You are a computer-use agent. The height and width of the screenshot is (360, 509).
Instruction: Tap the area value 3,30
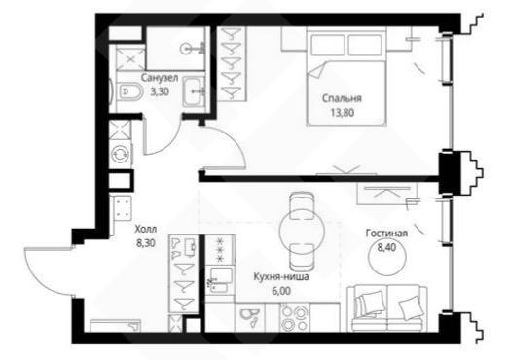pyautogui.click(x=160, y=91)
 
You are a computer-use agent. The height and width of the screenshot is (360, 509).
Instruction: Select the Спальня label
pyautogui.click(x=342, y=98)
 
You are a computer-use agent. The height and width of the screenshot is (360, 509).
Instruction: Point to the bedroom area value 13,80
pyautogui.click(x=343, y=113)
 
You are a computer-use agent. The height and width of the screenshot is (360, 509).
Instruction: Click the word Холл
pyautogui.click(x=146, y=230)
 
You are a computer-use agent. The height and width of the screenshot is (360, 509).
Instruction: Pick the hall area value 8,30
pyautogui.click(x=146, y=243)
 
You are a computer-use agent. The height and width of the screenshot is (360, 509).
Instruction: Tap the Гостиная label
pyautogui.click(x=386, y=234)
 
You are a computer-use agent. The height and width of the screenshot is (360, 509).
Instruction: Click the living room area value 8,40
pyautogui.click(x=386, y=248)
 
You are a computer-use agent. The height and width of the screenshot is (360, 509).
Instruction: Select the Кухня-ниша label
pyautogui.click(x=281, y=277)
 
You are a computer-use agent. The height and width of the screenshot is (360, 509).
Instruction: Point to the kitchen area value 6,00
pyautogui.click(x=281, y=291)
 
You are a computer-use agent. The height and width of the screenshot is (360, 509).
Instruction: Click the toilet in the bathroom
pyautogui.click(x=129, y=91)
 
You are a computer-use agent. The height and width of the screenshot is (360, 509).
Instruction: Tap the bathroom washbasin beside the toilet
pyautogui.click(x=194, y=91)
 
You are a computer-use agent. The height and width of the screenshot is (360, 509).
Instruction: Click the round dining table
pyautogui.click(x=302, y=231)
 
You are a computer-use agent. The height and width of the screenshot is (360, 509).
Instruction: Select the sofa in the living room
pyautogui.click(x=387, y=308)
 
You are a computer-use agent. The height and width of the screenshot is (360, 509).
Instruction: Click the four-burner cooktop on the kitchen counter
pyautogui.click(x=294, y=317)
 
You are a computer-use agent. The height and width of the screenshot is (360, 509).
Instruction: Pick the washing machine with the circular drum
pyautogui.click(x=121, y=154)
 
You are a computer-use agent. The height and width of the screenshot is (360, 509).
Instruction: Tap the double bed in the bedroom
pyautogui.click(x=346, y=78)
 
